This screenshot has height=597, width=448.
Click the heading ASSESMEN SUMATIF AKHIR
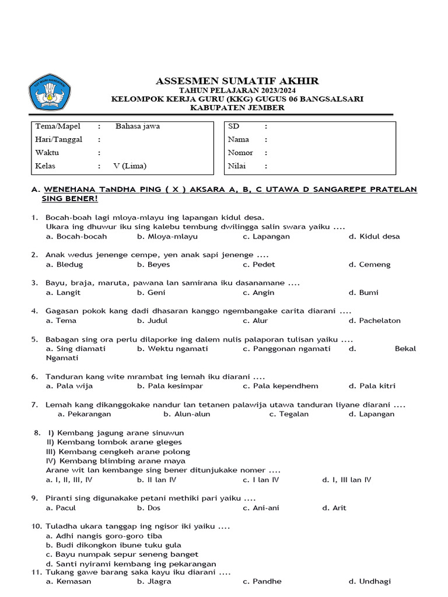[x=237, y=81]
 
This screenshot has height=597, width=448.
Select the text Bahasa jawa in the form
[x=138, y=126]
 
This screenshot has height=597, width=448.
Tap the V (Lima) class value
[x=130, y=166]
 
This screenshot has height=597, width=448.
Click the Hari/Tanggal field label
[x=59, y=139]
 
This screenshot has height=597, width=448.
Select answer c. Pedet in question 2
[x=259, y=265]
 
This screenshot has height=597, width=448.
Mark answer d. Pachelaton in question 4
[x=374, y=321]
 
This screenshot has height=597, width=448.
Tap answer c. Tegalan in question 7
[x=289, y=414]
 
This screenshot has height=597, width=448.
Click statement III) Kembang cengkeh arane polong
[x=118, y=452]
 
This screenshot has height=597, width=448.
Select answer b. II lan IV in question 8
[x=156, y=480]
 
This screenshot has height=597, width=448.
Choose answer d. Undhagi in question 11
[x=369, y=581]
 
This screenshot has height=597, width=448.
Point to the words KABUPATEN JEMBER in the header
[x=237, y=108]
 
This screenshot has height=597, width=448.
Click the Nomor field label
[x=240, y=153]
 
